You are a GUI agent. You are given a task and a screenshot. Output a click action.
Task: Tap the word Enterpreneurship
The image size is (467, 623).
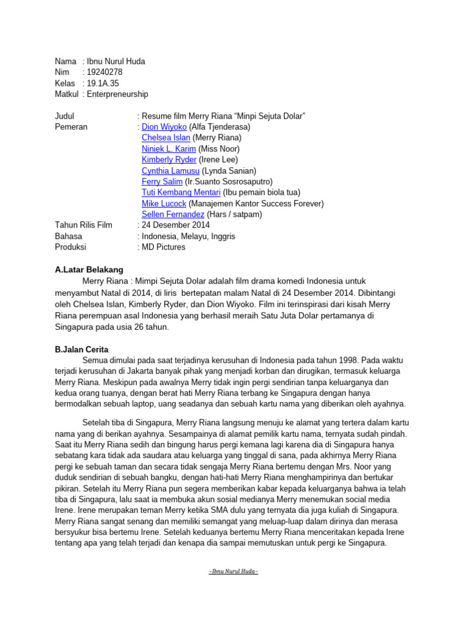click(117, 94)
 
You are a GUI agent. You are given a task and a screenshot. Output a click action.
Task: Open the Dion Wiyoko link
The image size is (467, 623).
click(164, 127)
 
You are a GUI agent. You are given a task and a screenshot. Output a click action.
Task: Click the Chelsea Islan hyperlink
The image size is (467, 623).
click(165, 138)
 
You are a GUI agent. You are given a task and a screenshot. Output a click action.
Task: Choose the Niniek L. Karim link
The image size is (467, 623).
click(168, 149)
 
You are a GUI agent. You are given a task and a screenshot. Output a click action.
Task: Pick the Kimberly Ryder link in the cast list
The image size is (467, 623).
click(169, 160)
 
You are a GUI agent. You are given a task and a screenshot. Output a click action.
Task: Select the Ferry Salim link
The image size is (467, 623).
click(162, 182)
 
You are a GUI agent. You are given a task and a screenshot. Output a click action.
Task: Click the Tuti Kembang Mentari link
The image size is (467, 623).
click(181, 193)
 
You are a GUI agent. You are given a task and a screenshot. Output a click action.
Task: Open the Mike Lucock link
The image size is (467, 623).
click(164, 204)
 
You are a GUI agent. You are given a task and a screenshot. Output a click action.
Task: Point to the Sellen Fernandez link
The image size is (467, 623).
click(173, 215)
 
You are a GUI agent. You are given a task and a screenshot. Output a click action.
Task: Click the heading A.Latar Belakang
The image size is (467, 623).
click(89, 270)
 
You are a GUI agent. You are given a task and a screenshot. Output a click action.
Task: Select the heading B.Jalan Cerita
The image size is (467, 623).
click(81, 349)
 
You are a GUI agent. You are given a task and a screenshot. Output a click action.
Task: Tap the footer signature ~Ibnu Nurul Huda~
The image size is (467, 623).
click(233, 572)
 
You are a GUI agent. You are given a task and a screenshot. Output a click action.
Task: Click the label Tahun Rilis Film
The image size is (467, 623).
click(83, 226)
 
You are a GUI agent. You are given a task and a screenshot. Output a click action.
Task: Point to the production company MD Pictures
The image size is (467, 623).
click(164, 248)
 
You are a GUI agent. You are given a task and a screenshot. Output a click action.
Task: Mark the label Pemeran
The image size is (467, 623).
click(71, 127)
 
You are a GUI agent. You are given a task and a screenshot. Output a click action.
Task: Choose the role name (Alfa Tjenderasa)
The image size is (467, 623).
click(220, 127)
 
